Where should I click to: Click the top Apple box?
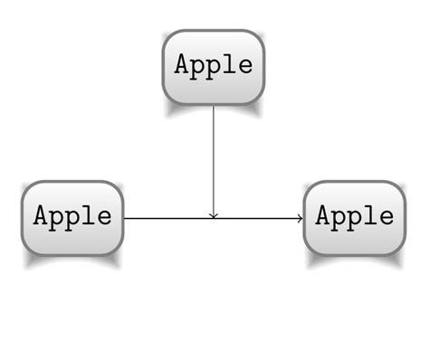tap(214, 67)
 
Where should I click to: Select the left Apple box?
tap(72, 217)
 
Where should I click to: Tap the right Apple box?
tap(355, 217)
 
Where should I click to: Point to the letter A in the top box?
tap(183, 65)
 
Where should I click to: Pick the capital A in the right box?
tap(324, 216)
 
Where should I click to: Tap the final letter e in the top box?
tap(244, 67)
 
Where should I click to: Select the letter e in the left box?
tap(104, 218)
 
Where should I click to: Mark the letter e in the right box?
tap(386, 218)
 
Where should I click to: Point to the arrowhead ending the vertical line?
tap(214, 215)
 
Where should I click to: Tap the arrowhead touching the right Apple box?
tap(300, 218)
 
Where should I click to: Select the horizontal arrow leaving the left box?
tap(163, 218)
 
